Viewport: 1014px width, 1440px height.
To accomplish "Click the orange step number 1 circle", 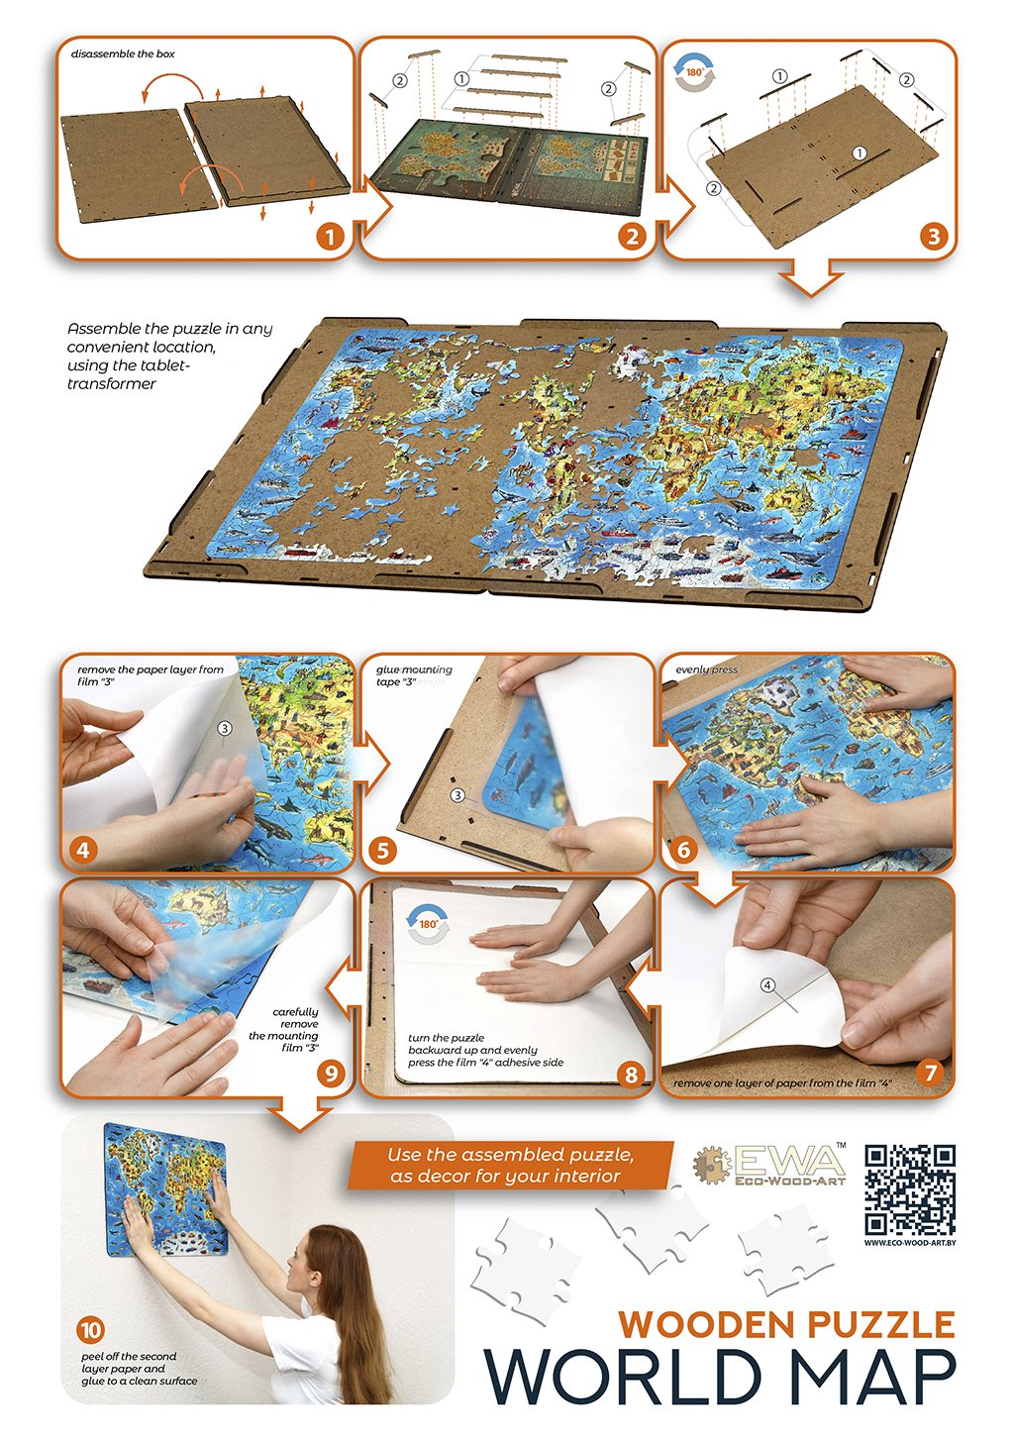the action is pos(329,238).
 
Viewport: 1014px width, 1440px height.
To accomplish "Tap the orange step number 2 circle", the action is pos(632,238).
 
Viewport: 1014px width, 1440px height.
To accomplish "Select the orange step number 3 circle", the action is pos(934,238).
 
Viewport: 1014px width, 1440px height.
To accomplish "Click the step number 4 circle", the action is pos(83,850).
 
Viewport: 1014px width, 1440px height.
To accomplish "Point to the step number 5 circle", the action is pos(383,851).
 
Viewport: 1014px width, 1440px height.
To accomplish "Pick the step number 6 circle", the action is pos(683,850).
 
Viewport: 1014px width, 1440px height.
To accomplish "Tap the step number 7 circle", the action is pos(930,1072).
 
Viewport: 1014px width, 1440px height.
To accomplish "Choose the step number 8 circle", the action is pos(631,1074).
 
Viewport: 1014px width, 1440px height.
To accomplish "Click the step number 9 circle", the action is pos(331,1073).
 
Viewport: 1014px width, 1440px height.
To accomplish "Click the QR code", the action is pos(909,1189).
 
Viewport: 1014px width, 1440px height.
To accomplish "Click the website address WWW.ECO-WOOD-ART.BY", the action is pos(909,1243).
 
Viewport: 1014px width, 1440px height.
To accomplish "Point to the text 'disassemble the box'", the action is pos(123,54).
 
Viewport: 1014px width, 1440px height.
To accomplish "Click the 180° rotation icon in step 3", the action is pos(694,72).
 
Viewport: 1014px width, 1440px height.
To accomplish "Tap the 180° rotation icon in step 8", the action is pos(428,924).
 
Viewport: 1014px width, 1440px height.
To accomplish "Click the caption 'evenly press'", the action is pos(706,669).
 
